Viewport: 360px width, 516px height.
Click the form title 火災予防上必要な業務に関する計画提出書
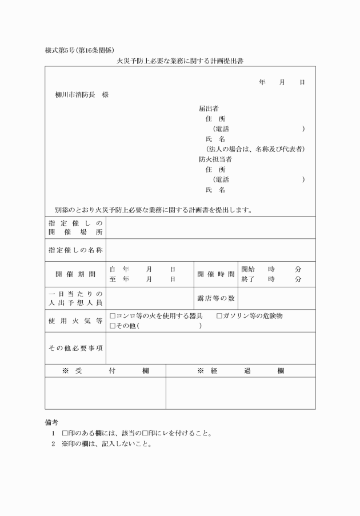180,59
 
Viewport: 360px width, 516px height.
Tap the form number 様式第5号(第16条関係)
83,50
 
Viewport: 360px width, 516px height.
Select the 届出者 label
209,108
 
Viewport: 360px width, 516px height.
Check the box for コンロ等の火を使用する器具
113,316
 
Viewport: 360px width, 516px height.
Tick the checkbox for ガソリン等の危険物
220,316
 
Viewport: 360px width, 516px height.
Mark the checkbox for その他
113,326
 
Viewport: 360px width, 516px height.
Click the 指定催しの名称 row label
75,250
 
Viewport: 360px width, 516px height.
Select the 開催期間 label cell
75,274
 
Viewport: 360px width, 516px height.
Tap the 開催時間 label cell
215,274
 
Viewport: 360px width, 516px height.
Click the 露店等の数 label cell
215,298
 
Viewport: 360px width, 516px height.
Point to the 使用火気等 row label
75,321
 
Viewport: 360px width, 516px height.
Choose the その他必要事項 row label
75,348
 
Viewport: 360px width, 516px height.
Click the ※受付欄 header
105,371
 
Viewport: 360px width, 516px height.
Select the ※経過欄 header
241,371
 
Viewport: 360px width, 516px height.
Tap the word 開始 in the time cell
248,269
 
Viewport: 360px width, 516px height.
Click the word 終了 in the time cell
248,279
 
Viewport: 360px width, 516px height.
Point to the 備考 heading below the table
52,423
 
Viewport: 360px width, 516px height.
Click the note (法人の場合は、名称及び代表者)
255,149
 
